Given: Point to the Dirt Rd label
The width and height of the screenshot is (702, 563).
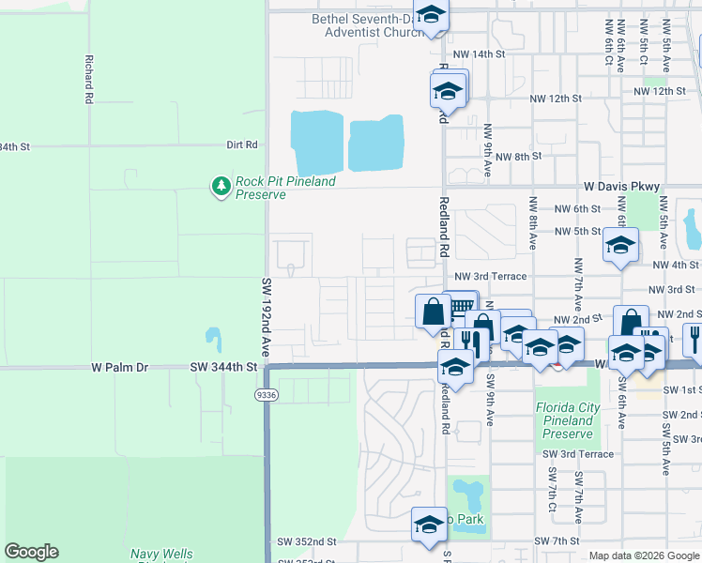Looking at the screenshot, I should click(241, 145).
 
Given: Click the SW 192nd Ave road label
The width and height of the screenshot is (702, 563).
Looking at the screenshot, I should click(267, 316).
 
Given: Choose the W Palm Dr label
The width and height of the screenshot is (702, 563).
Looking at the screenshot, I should click(121, 367).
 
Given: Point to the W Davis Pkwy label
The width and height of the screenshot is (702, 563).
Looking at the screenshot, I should click(621, 187).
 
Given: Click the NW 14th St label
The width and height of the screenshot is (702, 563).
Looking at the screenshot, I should click(479, 55).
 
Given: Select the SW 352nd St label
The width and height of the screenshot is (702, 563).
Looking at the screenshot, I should click(306, 542).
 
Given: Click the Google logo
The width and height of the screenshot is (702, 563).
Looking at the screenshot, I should click(31, 552).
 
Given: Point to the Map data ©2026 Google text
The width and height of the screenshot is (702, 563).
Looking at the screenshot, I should click(643, 555).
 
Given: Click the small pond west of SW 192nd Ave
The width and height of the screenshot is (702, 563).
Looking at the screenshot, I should click(213, 338).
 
